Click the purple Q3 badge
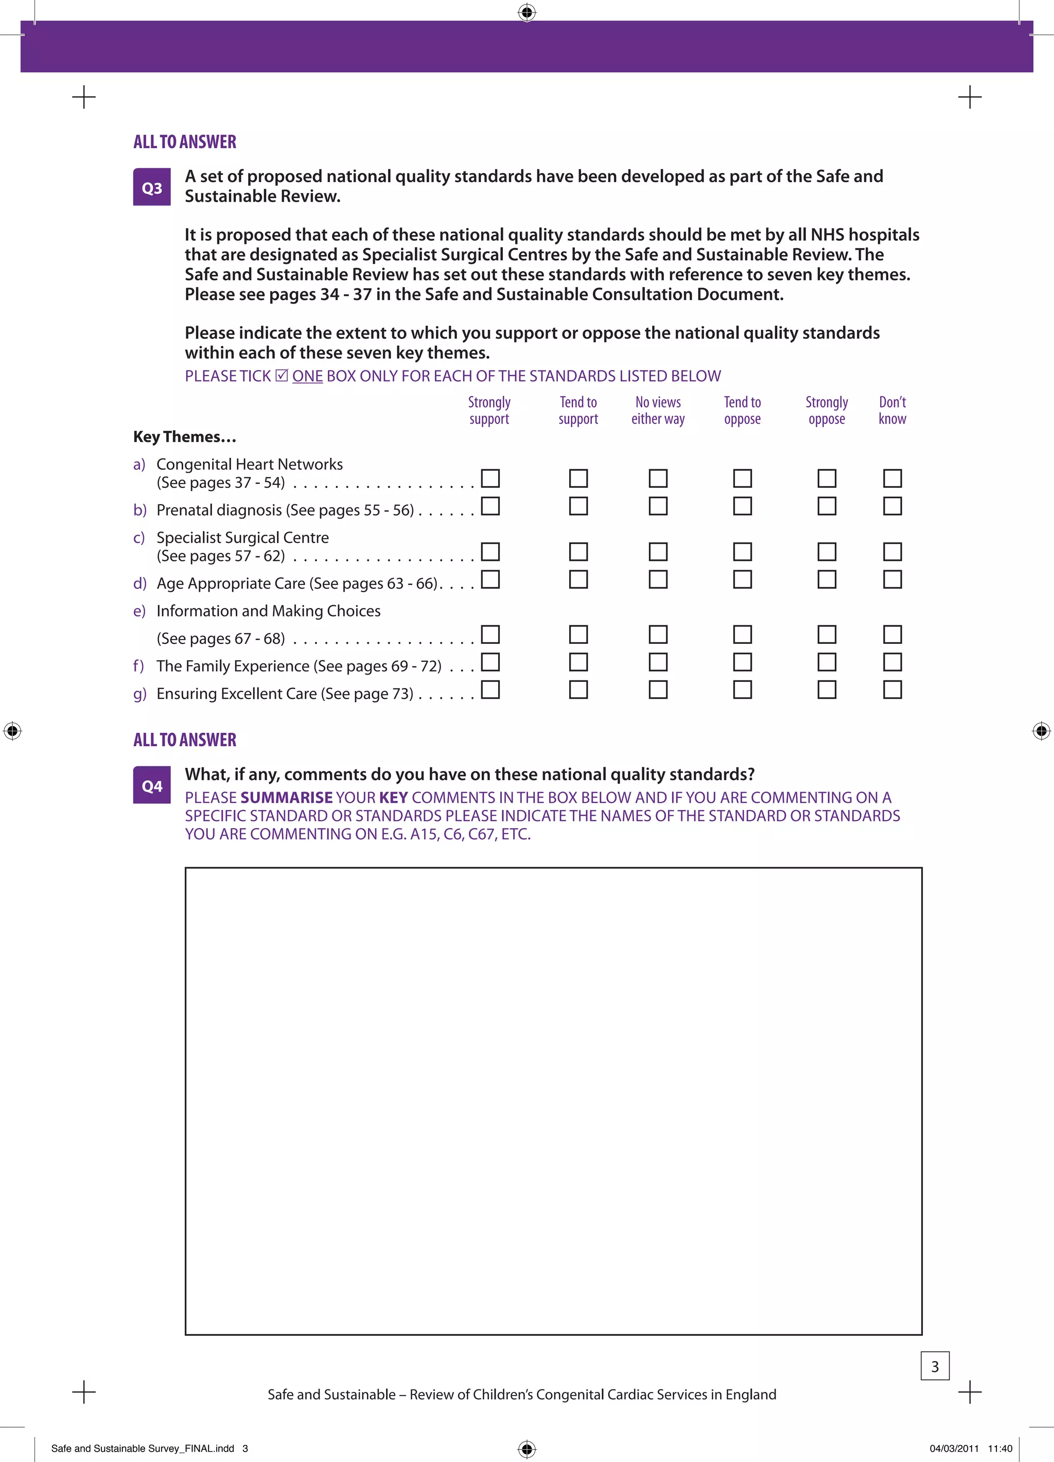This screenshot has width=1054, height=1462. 151,188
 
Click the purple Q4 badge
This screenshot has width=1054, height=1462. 151,786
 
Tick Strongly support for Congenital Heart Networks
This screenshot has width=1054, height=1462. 490,478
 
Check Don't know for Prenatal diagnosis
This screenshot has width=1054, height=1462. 892,506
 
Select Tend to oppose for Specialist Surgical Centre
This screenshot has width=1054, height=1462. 742,552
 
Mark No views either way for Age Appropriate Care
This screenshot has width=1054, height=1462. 658,579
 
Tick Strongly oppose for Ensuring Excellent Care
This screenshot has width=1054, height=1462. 827,690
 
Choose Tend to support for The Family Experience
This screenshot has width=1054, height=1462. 578,662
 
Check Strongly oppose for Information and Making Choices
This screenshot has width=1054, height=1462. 827,635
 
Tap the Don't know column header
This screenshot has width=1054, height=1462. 892,411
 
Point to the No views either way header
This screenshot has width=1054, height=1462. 658,411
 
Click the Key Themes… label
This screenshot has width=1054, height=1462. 184,437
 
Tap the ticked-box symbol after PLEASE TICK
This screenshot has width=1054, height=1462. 282,375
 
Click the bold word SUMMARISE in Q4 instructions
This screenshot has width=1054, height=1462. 286,798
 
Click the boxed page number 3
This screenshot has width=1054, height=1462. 935,1366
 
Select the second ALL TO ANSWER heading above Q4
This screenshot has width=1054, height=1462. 184,740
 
